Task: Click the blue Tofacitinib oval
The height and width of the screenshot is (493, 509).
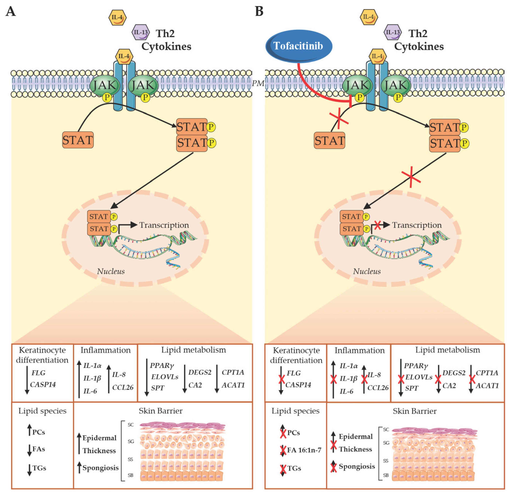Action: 299,46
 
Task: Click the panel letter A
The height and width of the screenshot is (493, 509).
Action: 10,12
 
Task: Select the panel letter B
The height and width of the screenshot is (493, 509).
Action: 259,12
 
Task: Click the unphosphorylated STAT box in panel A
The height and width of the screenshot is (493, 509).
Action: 78,140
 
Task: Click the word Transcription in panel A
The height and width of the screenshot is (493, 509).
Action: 164,225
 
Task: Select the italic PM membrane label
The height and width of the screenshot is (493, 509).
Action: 258,83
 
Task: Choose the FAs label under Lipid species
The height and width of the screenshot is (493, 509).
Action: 39,449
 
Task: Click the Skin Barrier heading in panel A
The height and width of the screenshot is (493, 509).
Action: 160,411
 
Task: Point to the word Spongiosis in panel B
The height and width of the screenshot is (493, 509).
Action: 357,467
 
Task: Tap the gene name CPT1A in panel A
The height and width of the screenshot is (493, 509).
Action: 233,372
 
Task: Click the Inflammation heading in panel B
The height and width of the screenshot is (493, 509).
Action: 359,351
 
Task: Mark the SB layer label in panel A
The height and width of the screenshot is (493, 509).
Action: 130,475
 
